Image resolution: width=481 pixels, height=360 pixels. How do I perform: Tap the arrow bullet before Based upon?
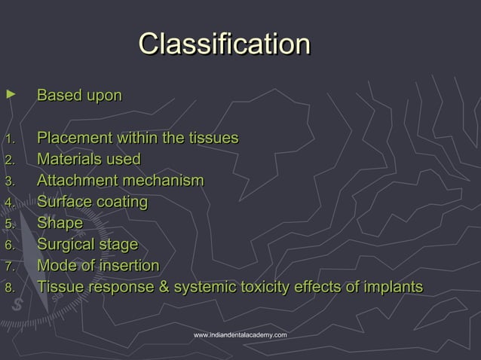tap(9, 94)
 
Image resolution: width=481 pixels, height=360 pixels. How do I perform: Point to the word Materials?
tap(70, 160)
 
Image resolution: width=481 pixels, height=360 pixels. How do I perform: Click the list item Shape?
tap(60, 223)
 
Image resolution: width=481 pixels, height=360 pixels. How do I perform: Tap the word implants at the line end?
tap(392, 287)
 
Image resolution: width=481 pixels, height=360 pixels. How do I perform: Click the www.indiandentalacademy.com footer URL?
tap(240, 334)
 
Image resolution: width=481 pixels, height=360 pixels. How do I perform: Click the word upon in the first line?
tap(103, 96)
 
